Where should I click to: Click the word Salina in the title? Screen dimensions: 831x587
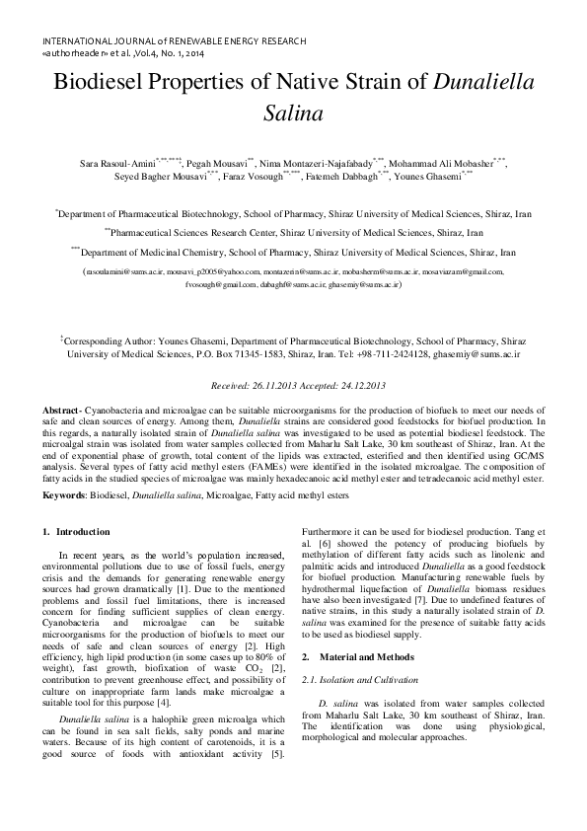(x=293, y=113)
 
